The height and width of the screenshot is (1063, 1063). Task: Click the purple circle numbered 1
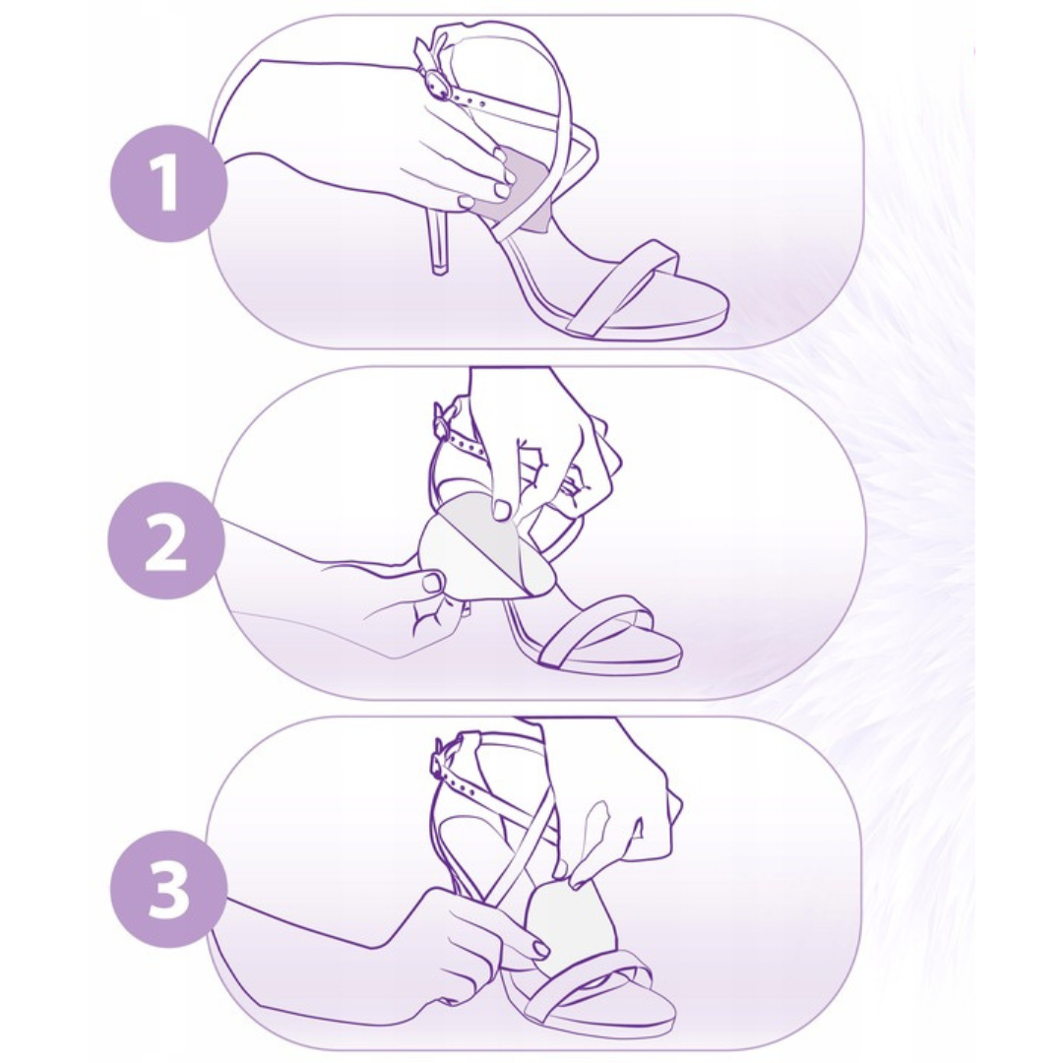coord(167,184)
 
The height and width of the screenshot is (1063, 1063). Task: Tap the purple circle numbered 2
coord(166,540)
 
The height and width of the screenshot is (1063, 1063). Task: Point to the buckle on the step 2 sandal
coord(443,421)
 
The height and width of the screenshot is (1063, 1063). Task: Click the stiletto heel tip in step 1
coord(439,269)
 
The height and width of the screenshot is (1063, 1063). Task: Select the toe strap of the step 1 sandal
coord(624,288)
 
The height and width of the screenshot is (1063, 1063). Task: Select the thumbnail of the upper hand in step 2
coord(503,509)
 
